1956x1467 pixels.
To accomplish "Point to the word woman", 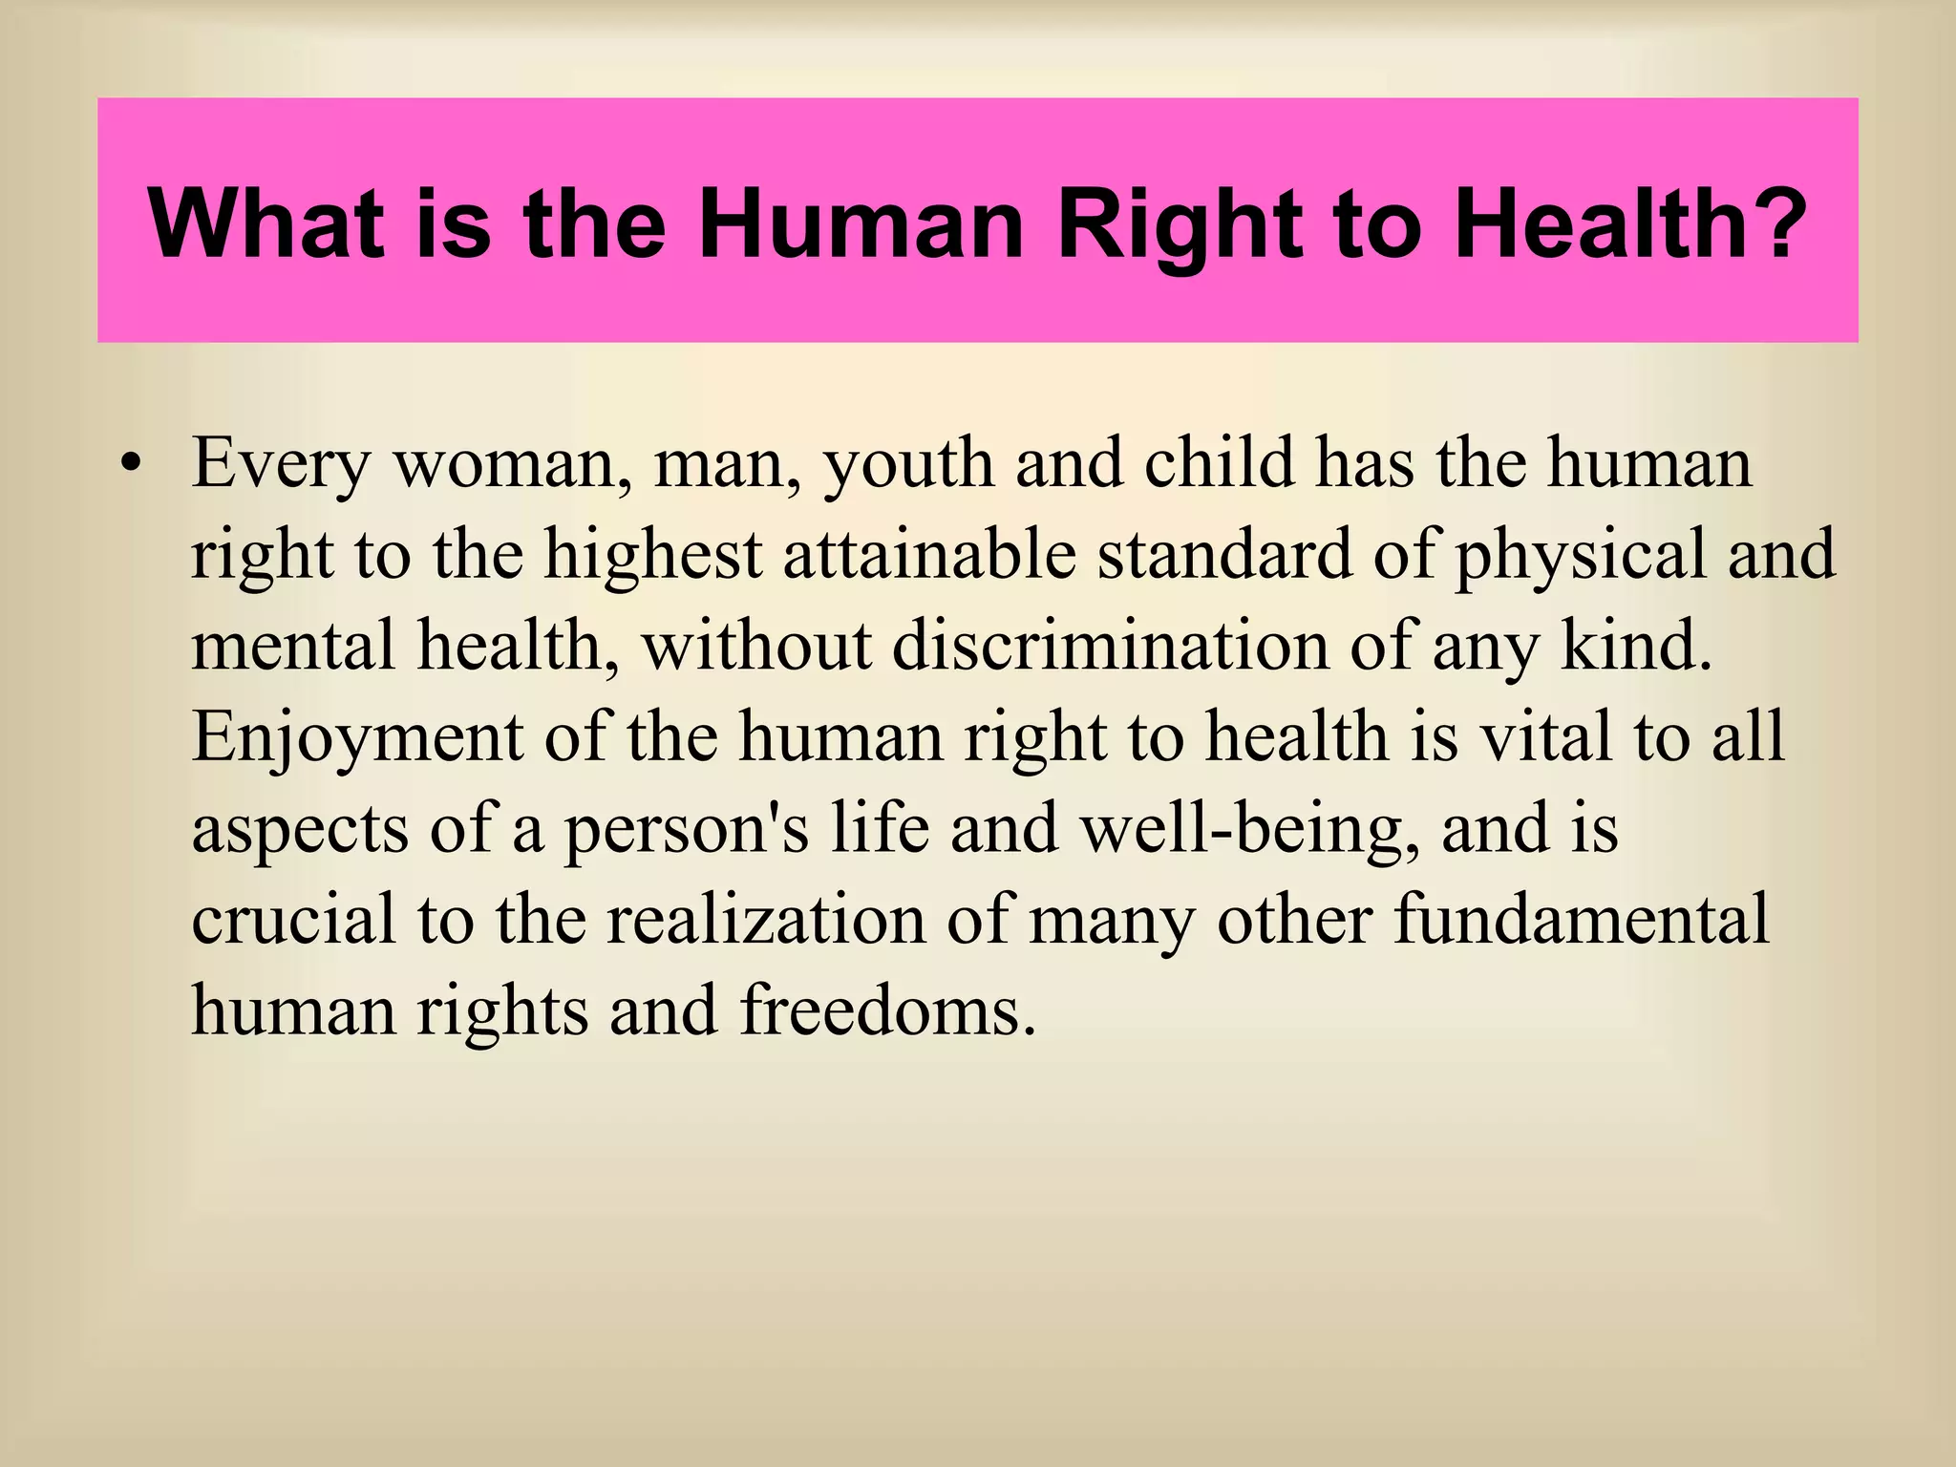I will tap(512, 465).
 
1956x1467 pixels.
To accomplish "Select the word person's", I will tap(686, 829).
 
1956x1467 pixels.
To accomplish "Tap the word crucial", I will tap(293, 919).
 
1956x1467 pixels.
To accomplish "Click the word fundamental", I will tap(1581, 919).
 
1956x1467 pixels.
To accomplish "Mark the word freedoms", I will tap(887, 1010).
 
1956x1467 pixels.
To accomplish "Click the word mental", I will tap(293, 646).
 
